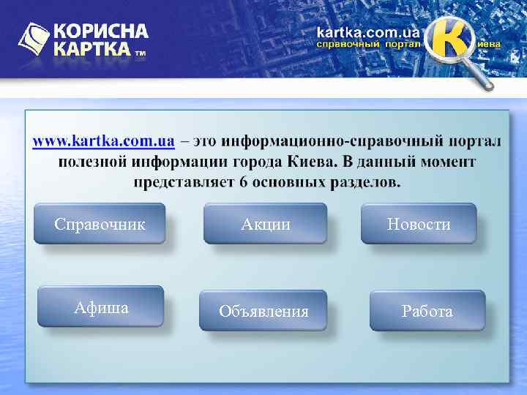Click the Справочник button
(100, 224)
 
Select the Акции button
(265, 224)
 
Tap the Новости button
(419, 224)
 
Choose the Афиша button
(101, 307)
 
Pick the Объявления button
(263, 312)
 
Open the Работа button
(427, 312)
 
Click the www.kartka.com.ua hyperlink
(103, 140)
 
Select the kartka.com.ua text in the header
(368, 32)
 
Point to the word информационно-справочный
(323, 140)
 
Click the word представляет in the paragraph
(183, 181)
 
